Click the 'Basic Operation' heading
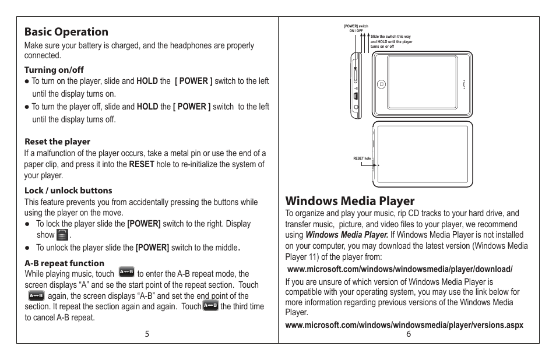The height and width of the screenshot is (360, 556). tap(66, 31)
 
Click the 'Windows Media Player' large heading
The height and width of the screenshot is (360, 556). tap(350, 201)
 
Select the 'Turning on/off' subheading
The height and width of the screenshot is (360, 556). tap(54, 70)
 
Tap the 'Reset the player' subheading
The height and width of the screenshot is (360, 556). tap(57, 142)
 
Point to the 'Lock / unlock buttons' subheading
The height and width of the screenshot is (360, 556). tap(68, 190)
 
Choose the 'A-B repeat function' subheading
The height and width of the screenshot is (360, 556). tap(64, 263)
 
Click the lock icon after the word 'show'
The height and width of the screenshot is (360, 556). tap(62, 235)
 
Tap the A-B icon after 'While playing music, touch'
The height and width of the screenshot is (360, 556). tap(126, 272)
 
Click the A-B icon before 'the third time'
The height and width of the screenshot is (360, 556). tap(210, 305)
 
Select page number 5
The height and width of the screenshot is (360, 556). tap(147, 334)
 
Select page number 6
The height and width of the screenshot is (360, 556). tap(409, 334)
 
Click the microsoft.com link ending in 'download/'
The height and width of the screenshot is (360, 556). tap(400, 269)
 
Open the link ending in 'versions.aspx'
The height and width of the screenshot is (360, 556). tap(404, 324)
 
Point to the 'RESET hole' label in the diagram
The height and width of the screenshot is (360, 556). tap(362, 158)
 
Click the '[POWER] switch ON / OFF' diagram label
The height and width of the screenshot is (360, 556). tap(356, 28)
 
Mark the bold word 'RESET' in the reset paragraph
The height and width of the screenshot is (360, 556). tap(142, 164)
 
